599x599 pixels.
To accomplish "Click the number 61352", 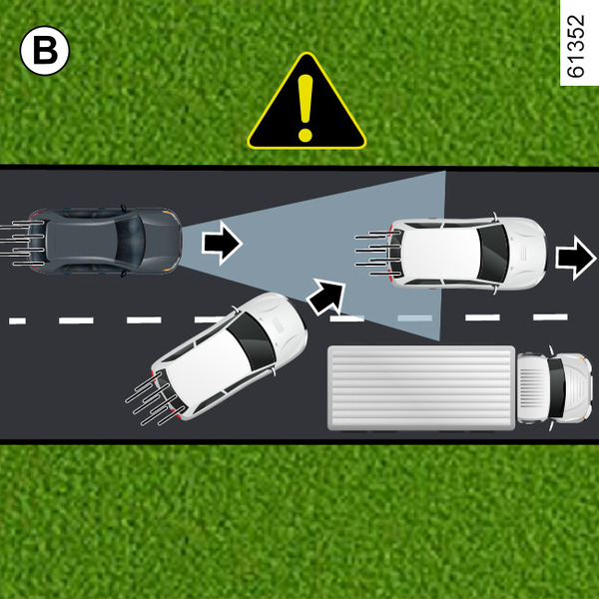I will pos(578,47).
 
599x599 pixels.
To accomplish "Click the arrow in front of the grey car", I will pos(221,243).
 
